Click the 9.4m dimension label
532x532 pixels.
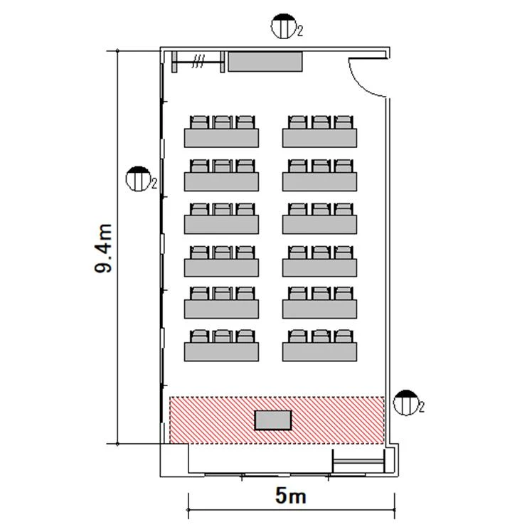pyautogui.click(x=103, y=248)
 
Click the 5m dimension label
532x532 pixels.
pyautogui.click(x=291, y=496)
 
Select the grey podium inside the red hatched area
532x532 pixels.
pyautogui.click(x=273, y=420)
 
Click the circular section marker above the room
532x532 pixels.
pyautogui.click(x=284, y=26)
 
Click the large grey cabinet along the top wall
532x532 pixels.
pyautogui.click(x=265, y=61)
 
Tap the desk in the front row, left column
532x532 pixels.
pyautogui.click(x=222, y=352)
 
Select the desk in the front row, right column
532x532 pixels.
pyautogui.click(x=319, y=352)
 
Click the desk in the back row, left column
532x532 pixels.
pyautogui.click(x=222, y=138)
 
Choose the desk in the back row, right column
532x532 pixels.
pyautogui.click(x=319, y=138)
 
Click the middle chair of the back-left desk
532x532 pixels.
pyautogui.click(x=222, y=122)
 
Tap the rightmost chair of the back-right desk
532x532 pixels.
pyautogui.click(x=344, y=122)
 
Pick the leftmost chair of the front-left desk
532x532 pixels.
pyautogui.click(x=199, y=336)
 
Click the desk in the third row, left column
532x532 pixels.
pyautogui.click(x=222, y=267)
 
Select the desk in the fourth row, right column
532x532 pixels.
pyautogui.click(x=319, y=224)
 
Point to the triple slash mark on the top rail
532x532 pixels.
pyautogui.click(x=198, y=61)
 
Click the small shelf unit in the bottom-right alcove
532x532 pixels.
pyautogui.click(x=359, y=461)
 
